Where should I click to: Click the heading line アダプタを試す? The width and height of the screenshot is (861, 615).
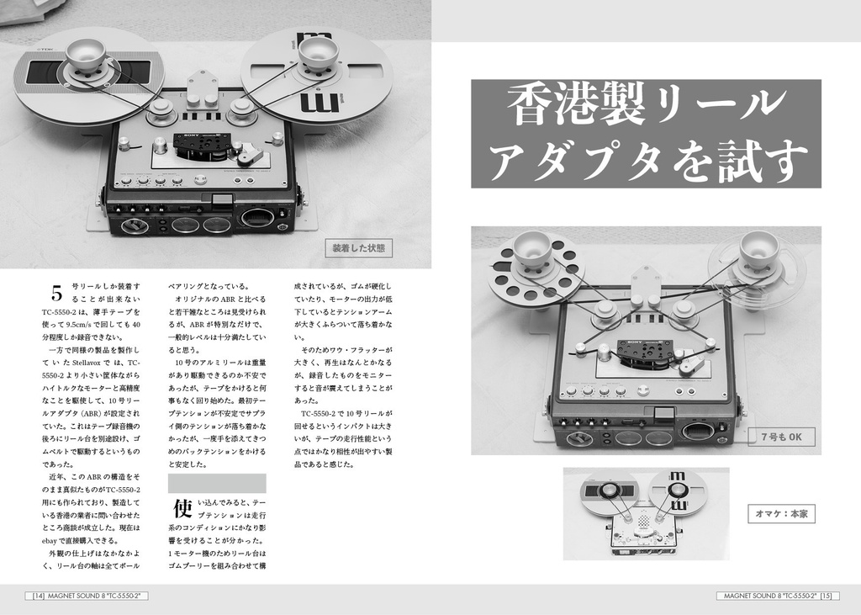(x=645, y=160)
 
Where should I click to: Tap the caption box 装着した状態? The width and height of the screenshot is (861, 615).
(x=358, y=248)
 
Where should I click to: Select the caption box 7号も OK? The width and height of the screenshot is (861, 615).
(x=781, y=437)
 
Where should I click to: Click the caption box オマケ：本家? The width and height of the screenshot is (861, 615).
(x=781, y=513)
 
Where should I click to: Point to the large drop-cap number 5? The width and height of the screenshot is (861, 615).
(x=56, y=294)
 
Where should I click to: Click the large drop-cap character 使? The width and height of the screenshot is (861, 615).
(x=182, y=508)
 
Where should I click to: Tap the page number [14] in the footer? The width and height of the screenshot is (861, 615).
(x=38, y=596)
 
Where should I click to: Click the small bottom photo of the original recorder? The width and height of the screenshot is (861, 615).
(x=645, y=513)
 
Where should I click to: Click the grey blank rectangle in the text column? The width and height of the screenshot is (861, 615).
(x=217, y=483)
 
